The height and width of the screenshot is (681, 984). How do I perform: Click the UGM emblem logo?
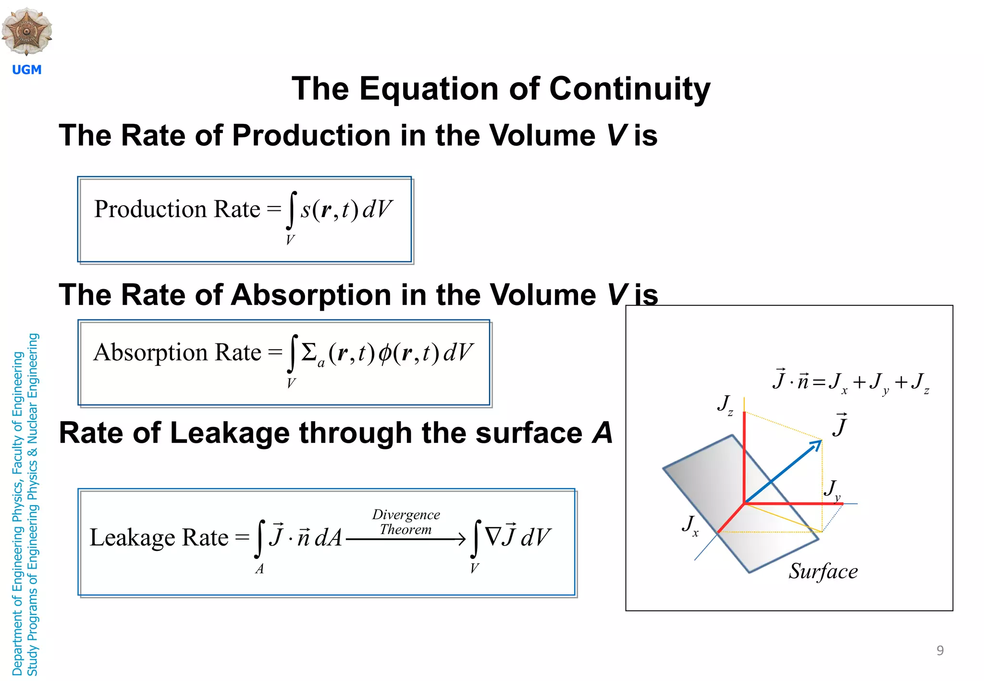click(x=27, y=31)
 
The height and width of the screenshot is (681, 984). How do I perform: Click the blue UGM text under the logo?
click(x=27, y=70)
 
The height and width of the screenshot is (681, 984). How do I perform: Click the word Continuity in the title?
click(x=629, y=89)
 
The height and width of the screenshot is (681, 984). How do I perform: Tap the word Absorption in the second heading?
click(x=311, y=295)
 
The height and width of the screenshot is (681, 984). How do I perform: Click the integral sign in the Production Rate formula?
click(x=291, y=210)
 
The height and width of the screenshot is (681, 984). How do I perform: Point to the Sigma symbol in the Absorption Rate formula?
click(x=309, y=353)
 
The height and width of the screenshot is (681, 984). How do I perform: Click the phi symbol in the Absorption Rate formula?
click(x=385, y=354)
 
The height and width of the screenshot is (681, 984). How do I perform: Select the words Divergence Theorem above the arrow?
click(x=406, y=522)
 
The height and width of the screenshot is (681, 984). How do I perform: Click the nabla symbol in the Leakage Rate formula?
click(x=493, y=536)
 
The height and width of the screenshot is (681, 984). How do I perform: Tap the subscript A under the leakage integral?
click(x=259, y=569)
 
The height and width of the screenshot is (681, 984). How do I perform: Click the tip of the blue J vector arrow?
click(x=820, y=441)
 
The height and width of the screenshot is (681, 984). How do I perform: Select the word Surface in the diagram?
click(x=823, y=572)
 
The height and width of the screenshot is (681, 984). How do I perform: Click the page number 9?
click(x=940, y=650)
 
